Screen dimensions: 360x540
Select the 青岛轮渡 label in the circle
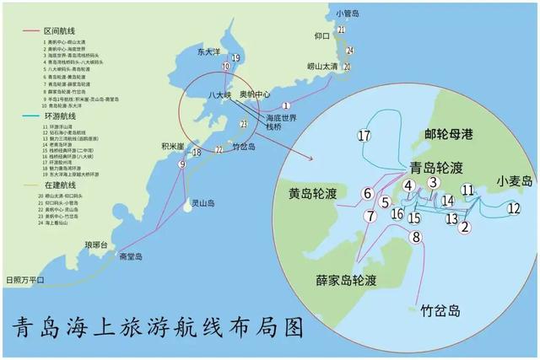pyautogui.click(x=435, y=167)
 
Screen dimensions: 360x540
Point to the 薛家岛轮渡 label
pyautogui.click(x=334, y=279)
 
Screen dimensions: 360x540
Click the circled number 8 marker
pyautogui.click(x=415, y=237)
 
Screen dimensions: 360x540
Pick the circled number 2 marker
pyautogui.click(x=465, y=225)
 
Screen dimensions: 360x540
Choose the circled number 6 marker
pyautogui.click(x=368, y=194)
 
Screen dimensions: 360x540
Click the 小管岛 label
pyautogui.click(x=348, y=13)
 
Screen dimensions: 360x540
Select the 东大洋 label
pyautogui.click(x=208, y=51)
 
